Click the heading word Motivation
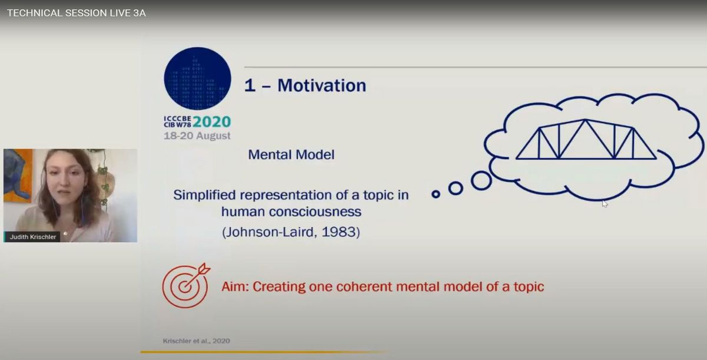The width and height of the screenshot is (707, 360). tap(322, 85)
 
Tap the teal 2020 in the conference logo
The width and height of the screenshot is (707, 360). tap(212, 122)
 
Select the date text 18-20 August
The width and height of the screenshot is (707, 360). tap(197, 136)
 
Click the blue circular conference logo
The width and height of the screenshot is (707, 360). tap(197, 78)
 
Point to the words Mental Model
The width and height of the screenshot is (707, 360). tap(291, 154)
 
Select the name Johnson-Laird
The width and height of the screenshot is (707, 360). tap(270, 232)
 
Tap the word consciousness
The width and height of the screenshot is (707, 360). tap(315, 212)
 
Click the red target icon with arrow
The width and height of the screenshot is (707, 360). tap(186, 285)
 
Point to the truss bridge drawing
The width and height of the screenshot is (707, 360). tap(586, 139)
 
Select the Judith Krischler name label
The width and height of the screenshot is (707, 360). tap(32, 237)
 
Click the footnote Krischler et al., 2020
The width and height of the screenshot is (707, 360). tap(196, 341)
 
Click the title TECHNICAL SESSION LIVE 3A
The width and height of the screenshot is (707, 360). tap(77, 13)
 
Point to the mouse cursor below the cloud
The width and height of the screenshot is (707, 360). tap(604, 203)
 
